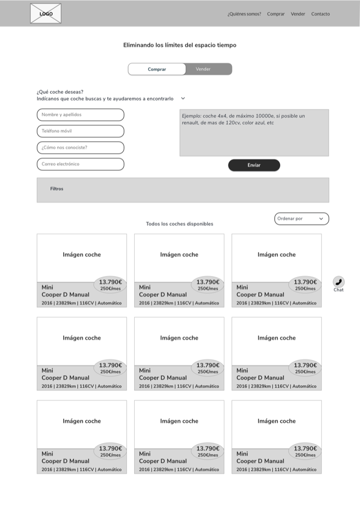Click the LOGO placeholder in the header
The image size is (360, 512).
[45, 13]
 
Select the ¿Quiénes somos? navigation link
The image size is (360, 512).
[244, 14]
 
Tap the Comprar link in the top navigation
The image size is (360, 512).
[276, 14]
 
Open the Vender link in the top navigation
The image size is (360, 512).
[298, 14]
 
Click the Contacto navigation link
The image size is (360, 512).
[320, 14]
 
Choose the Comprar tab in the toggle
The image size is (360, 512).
[157, 69]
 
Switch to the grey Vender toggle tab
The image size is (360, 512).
[203, 69]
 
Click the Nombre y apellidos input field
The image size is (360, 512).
[80, 115]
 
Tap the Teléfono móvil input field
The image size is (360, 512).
[80, 131]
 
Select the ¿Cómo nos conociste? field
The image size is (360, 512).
[80, 148]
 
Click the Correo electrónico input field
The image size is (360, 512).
[80, 164]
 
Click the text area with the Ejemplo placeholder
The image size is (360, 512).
[254, 133]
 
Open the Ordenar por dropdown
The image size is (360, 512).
[301, 219]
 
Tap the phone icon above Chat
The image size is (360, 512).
[339, 281]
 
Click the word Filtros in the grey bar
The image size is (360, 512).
[57, 189]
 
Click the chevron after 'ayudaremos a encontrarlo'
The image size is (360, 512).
[183, 99]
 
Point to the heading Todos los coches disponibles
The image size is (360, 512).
[180, 224]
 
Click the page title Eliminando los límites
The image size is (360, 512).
[180, 45]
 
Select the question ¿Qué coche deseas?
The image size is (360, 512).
[60, 92]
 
